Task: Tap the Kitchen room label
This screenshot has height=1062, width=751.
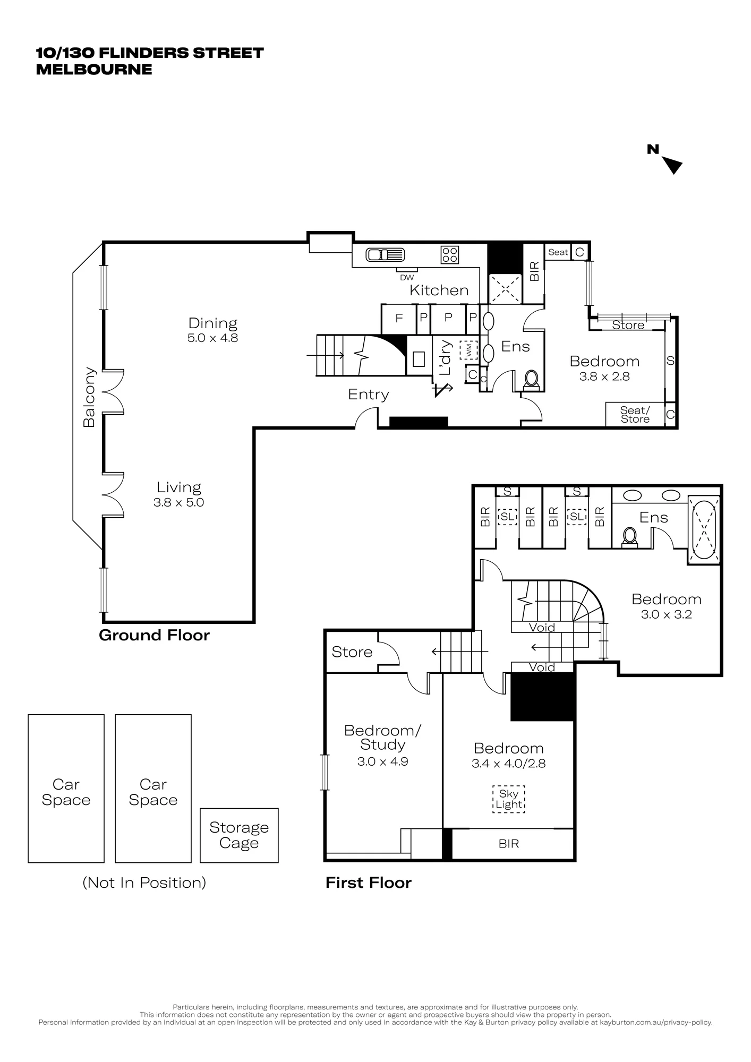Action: pyautogui.click(x=439, y=290)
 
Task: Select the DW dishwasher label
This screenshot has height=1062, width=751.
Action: pyautogui.click(x=407, y=277)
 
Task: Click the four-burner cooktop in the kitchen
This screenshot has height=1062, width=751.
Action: pyautogui.click(x=450, y=255)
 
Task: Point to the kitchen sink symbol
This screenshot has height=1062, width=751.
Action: pyautogui.click(x=386, y=255)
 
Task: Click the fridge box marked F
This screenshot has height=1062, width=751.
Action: pyautogui.click(x=399, y=319)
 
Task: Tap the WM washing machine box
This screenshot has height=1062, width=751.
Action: pyautogui.click(x=468, y=350)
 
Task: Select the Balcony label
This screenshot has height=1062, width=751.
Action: pyautogui.click(x=89, y=397)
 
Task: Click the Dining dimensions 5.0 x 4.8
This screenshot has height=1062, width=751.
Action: pyautogui.click(x=212, y=338)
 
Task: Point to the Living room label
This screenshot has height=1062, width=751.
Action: pyautogui.click(x=179, y=487)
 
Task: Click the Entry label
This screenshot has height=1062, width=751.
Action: pyautogui.click(x=368, y=394)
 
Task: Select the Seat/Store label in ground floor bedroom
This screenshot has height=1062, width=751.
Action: pyautogui.click(x=635, y=415)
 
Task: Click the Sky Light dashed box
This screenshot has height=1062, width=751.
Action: pyautogui.click(x=508, y=800)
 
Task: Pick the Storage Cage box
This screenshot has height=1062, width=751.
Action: pyautogui.click(x=239, y=835)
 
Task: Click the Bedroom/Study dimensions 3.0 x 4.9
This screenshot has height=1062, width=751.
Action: pyautogui.click(x=382, y=761)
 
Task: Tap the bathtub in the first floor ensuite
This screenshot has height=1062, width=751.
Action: pyautogui.click(x=704, y=528)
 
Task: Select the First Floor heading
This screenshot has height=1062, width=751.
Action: pyautogui.click(x=369, y=883)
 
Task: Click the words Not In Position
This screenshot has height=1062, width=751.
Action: pyautogui.click(x=144, y=883)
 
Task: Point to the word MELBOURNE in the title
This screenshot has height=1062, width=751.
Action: pyautogui.click(x=94, y=70)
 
